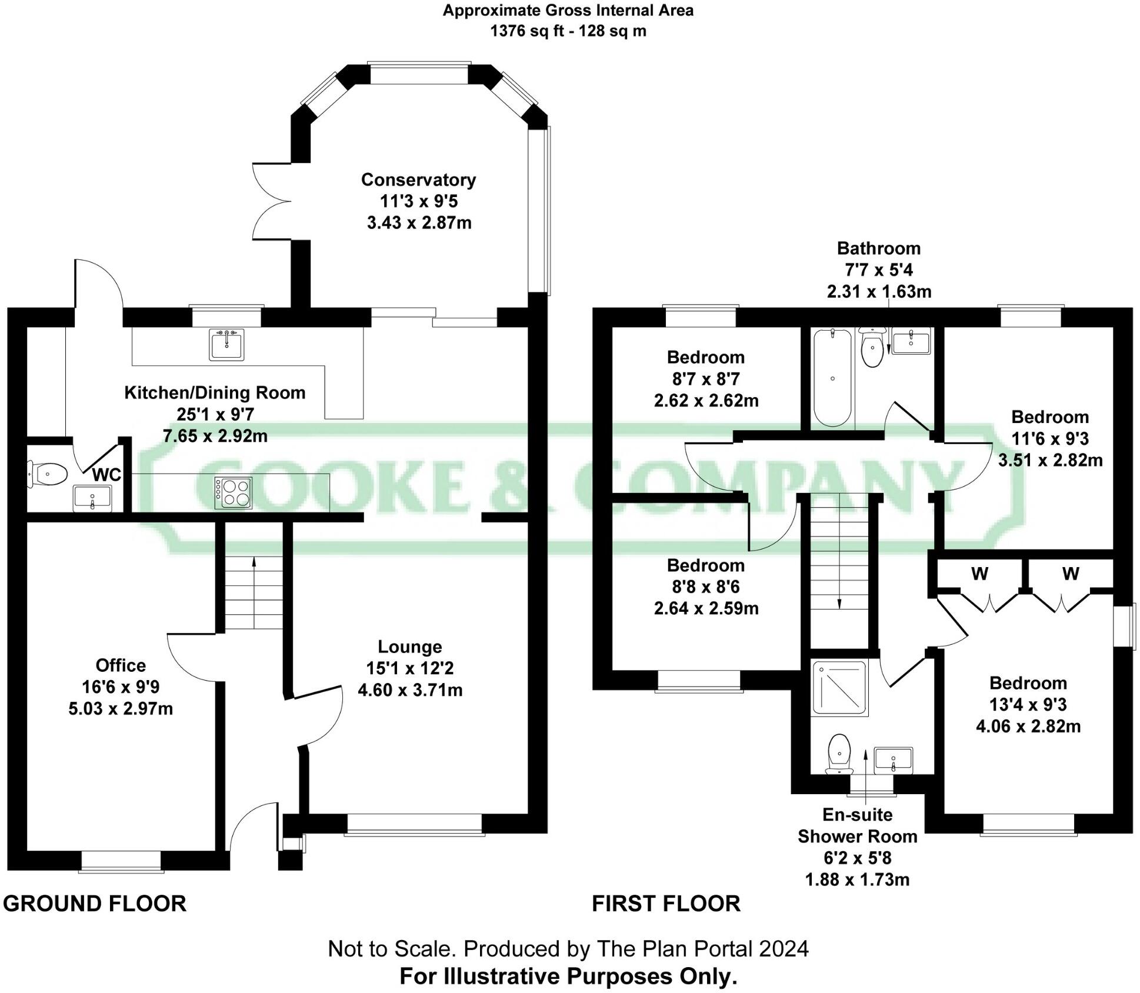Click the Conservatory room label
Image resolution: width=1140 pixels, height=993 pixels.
click(x=418, y=179)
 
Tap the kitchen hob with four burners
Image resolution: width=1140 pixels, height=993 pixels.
click(x=233, y=492)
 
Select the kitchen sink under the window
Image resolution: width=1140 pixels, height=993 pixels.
click(x=226, y=344)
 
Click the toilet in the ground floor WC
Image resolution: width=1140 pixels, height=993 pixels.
click(x=48, y=474)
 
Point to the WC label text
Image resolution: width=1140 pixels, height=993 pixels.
click(x=106, y=475)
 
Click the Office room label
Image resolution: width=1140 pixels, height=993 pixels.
click(x=121, y=665)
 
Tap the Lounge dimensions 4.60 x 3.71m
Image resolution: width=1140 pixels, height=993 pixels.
click(x=410, y=689)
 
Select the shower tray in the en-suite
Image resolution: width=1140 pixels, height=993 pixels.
click(x=839, y=688)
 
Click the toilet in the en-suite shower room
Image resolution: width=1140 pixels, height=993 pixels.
click(x=839, y=754)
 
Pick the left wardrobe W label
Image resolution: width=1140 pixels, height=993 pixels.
click(x=979, y=573)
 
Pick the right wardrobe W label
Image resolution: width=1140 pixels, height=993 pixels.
click(x=1071, y=573)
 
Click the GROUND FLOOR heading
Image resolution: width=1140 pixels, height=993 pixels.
click(x=95, y=903)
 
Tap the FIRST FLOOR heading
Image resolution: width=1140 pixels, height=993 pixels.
click(x=666, y=903)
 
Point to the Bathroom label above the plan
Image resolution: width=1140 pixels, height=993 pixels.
click(x=878, y=248)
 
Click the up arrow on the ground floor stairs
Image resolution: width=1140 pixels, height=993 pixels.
click(x=254, y=562)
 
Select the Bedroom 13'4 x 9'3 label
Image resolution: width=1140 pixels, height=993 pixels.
click(x=1028, y=683)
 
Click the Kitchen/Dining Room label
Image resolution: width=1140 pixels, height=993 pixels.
click(x=215, y=392)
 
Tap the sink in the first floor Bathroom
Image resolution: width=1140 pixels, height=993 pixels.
click(x=911, y=342)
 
